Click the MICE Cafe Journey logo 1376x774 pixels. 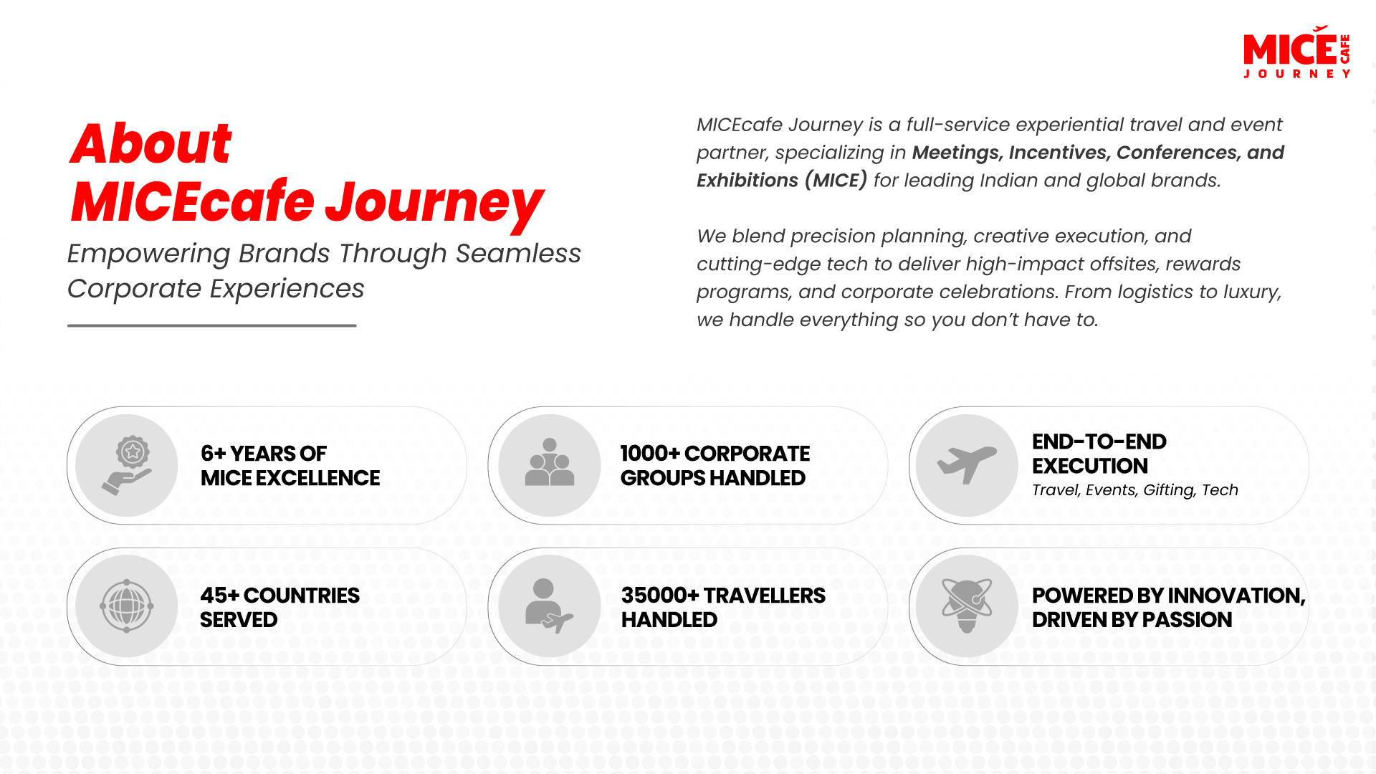[x=1296, y=52]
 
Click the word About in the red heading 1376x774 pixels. [x=150, y=143]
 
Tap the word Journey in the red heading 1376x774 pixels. [x=434, y=204]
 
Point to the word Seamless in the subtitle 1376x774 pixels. [x=517, y=254]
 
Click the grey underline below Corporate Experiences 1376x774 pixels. [x=211, y=325]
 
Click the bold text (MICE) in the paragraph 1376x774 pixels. [x=836, y=180]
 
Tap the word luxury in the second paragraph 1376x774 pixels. [x=1249, y=292]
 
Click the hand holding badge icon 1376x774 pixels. [x=127, y=465]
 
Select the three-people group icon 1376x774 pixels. [x=550, y=464]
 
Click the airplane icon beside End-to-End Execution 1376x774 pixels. [x=967, y=464]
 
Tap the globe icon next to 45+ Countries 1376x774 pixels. [x=127, y=606]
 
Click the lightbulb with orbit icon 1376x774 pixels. [x=967, y=606]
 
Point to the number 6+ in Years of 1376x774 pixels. [x=213, y=454]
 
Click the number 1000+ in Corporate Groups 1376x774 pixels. [x=649, y=454]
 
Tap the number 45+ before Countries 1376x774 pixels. [x=219, y=596]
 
